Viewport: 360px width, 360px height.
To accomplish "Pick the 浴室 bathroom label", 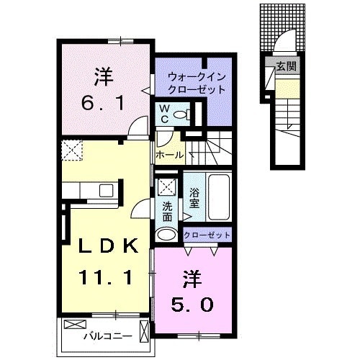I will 194,198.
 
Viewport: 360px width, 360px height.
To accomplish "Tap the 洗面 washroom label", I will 167,210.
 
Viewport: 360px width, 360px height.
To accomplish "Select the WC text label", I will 164,114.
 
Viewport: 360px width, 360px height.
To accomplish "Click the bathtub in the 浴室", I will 217,198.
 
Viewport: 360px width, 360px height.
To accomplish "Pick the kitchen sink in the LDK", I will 106,191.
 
